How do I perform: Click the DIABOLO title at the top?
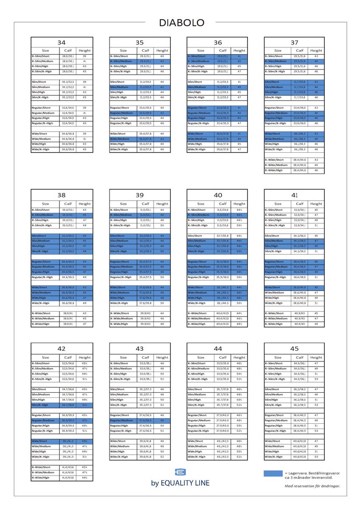182,23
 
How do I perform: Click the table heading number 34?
62,43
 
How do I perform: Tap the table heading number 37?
294,43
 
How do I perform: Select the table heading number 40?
217,195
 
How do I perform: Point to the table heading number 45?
294,349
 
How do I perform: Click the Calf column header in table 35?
145,50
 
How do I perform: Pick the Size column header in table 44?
200,357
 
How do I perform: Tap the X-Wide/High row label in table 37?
274,170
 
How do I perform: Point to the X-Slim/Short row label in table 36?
197,56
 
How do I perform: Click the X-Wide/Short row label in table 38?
42,313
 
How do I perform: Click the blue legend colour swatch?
273,473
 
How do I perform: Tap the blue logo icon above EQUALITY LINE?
180,473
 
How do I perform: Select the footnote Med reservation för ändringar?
312,486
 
